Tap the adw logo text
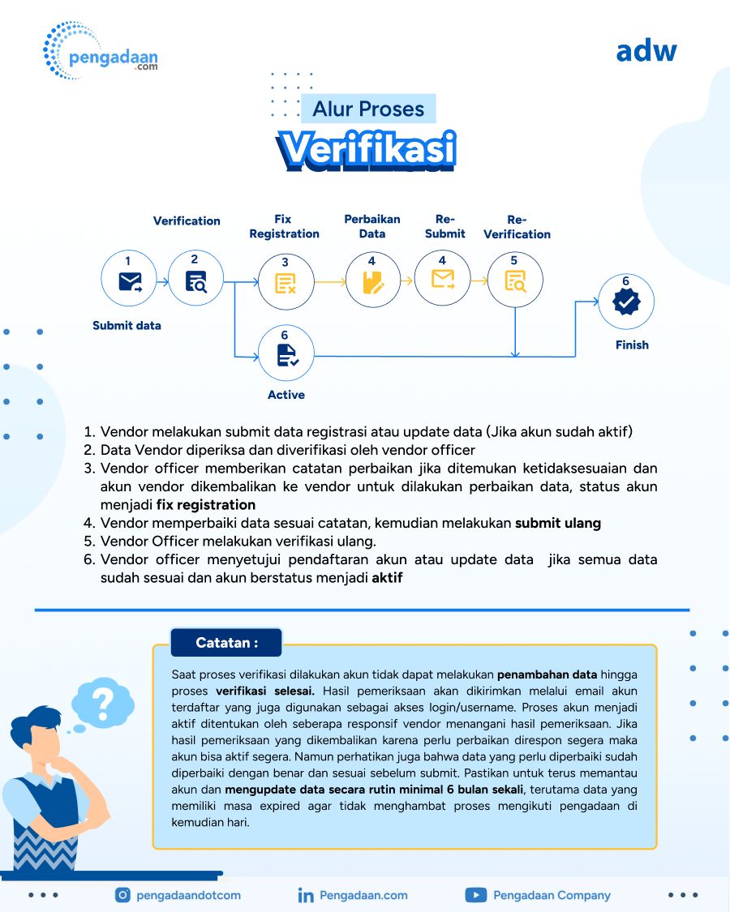coord(646,50)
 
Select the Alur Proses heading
coord(369,109)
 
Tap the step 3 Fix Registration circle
coord(286,280)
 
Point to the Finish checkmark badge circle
coord(625,302)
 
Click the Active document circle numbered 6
coord(285,353)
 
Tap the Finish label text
coord(632,345)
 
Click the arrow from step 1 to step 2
coord(162,281)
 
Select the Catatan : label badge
coord(226,643)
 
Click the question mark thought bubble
coord(102,703)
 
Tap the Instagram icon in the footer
coord(123,895)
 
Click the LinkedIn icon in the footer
coord(306,895)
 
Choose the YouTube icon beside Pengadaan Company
coord(475,895)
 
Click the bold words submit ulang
coord(558,523)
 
